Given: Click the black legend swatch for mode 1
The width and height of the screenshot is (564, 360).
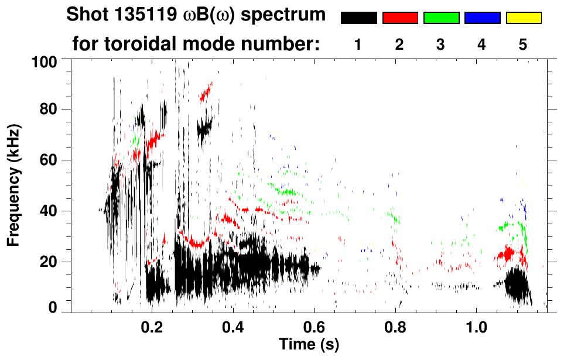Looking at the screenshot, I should point(359,18).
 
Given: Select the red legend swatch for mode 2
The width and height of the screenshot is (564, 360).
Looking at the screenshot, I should point(400,18).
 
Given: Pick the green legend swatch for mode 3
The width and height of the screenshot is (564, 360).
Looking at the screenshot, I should point(441,18).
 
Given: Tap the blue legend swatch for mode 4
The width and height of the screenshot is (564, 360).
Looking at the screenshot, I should point(482,18).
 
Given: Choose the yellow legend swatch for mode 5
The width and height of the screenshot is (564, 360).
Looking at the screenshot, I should point(524,18).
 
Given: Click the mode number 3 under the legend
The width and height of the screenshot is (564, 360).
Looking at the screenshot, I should point(440,44).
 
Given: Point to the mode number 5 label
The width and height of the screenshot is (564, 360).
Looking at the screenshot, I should point(523,44).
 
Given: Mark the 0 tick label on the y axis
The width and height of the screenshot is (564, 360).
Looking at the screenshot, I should point(52,308).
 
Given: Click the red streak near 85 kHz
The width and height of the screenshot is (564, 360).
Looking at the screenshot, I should point(206,91).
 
